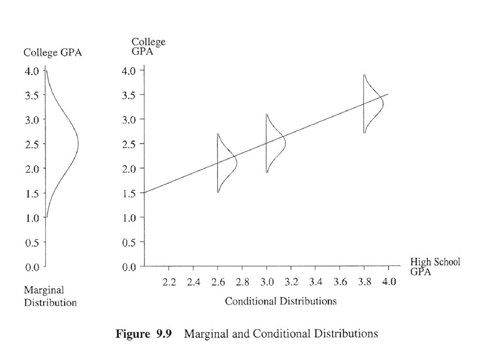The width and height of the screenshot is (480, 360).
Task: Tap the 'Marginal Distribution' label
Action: tap(50, 297)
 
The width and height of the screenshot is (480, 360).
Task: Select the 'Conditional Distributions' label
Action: tap(280, 301)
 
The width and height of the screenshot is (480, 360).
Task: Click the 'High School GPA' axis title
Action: tap(435, 266)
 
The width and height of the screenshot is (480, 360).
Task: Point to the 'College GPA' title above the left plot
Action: tap(52, 53)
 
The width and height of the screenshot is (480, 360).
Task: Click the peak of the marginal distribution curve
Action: tap(78, 143)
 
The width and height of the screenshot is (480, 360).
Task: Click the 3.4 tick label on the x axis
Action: tap(315, 282)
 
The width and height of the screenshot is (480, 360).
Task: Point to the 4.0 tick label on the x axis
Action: tap(389, 282)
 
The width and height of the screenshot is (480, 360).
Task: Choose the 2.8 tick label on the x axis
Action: tap(242, 282)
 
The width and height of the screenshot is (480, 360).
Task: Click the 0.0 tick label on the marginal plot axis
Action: tap(32, 267)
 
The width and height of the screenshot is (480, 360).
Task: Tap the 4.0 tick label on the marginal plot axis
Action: tap(32, 71)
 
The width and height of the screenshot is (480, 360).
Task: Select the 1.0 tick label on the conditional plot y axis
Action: tap(129, 218)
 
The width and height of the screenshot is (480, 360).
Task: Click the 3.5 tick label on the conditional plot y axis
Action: tap(129, 95)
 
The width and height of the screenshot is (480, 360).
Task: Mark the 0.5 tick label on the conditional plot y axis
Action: tap(129, 242)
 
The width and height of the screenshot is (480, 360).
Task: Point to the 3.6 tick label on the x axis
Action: tap(340, 282)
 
